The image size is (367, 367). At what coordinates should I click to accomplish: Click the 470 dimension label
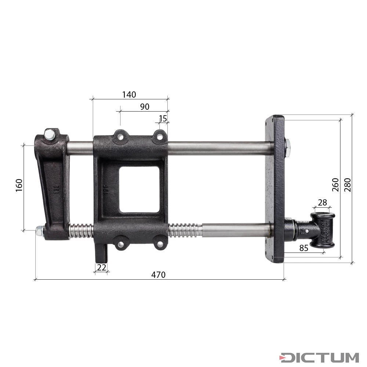(x=159, y=275)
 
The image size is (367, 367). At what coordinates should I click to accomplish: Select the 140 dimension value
(x=129, y=94)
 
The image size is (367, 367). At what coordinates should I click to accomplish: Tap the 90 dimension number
(x=145, y=106)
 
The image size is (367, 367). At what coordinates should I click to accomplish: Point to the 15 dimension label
(x=163, y=118)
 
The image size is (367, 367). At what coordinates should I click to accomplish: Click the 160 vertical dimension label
(x=19, y=185)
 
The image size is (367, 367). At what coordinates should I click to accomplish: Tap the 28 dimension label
(x=323, y=202)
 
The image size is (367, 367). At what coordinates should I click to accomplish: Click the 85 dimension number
(x=304, y=248)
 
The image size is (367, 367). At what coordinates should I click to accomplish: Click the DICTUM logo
(x=319, y=357)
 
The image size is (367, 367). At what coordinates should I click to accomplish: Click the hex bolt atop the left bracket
(x=49, y=135)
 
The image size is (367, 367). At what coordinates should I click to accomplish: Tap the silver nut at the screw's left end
(x=39, y=231)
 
